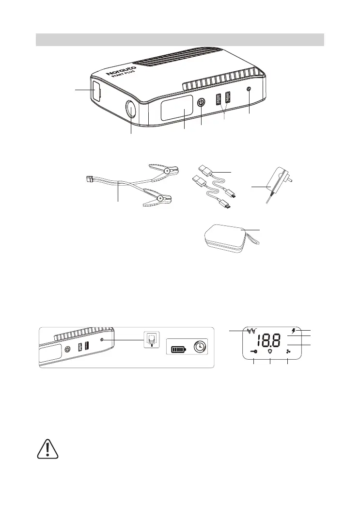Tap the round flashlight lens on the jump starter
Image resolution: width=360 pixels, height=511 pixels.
[x=131, y=110]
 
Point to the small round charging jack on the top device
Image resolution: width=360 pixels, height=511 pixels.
[x=249, y=90]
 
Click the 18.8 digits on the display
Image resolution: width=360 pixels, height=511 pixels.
[x=268, y=342]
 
